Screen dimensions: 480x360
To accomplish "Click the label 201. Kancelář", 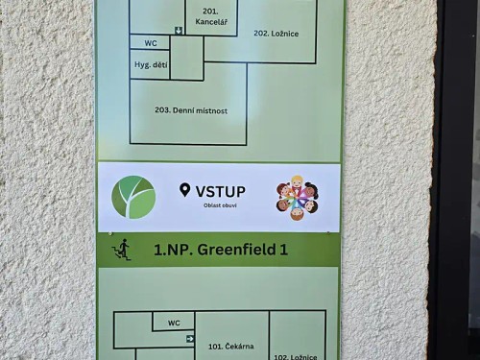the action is pyautogui.click(x=210, y=15).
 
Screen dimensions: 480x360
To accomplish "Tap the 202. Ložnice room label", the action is pyautogui.click(x=276, y=34).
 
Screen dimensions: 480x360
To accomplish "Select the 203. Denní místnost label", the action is pyautogui.click(x=191, y=110).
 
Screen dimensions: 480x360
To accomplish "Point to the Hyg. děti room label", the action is pyautogui.click(x=149, y=64).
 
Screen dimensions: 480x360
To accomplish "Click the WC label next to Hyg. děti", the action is pyautogui.click(x=150, y=43).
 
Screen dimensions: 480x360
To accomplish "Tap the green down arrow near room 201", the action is pyautogui.click(x=178, y=31).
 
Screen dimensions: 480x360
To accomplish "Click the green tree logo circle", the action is pyautogui.click(x=132, y=197).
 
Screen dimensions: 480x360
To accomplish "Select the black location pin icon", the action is pyautogui.click(x=184, y=190).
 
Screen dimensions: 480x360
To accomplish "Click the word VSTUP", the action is pyautogui.click(x=220, y=190).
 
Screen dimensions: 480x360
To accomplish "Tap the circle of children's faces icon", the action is pyautogui.click(x=297, y=198).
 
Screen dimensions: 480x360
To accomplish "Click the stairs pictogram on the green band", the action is pyautogui.click(x=122, y=250).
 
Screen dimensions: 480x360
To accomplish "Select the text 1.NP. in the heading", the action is pyautogui.click(x=172, y=251).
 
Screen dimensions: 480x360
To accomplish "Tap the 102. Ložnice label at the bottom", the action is pyautogui.click(x=295, y=356).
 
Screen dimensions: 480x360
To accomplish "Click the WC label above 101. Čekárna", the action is pyautogui.click(x=174, y=323).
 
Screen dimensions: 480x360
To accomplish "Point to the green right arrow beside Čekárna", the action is pyautogui.click(x=191, y=339).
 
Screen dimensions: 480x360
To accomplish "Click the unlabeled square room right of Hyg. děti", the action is pyautogui.click(x=186, y=59).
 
